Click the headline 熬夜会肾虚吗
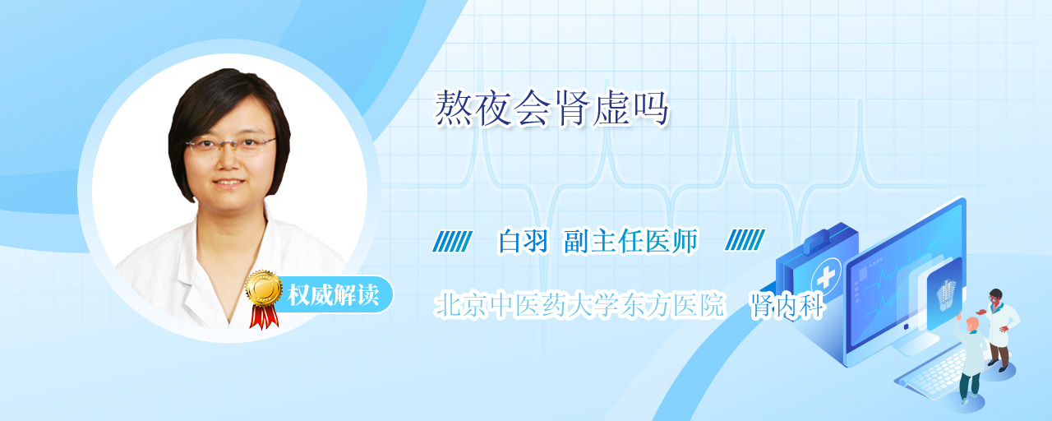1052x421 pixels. pos(551,109)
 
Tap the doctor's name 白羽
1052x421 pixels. pos(523,241)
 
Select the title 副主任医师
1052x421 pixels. pos(630,241)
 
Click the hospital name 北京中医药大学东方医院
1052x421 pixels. pos(579,305)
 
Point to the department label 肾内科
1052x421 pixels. pos(787,305)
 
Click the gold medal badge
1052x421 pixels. pos(264,288)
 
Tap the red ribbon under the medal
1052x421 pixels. pos(264,317)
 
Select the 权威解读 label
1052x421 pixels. pos(334,295)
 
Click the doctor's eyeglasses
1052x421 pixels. pos(230,146)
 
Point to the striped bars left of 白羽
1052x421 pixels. pos(452,241)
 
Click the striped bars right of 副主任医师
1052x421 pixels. pos(745,239)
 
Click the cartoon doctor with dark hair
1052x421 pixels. pos(999,329)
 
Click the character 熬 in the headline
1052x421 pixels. pos(453,109)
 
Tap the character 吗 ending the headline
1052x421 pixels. pos(650,109)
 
